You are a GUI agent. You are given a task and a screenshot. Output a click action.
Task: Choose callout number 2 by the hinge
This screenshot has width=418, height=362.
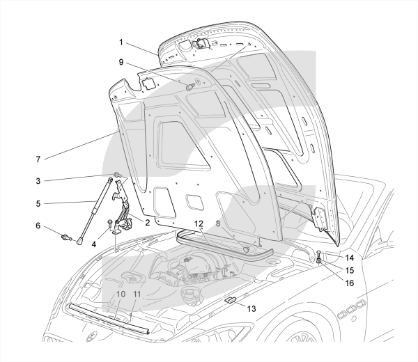click(x=147, y=224)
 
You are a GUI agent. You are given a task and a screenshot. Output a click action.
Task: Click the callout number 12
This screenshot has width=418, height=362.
click(x=199, y=225)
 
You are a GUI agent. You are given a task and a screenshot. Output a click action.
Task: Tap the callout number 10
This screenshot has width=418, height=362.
click(x=120, y=294)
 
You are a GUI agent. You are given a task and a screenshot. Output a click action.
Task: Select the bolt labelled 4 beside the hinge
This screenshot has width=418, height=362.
click(x=110, y=223)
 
